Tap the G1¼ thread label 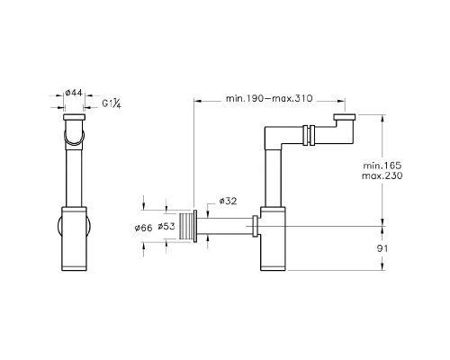point(112,103)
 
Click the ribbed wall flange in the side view point(187,228)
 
